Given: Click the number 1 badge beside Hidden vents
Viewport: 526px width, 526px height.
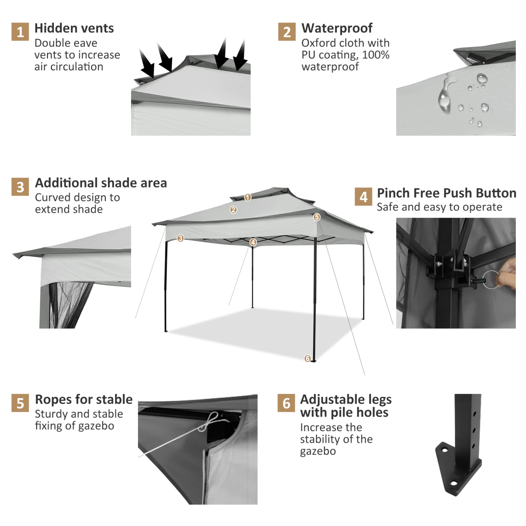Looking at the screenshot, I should click(20, 32).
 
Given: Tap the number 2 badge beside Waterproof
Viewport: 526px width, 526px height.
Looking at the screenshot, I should click(287, 32).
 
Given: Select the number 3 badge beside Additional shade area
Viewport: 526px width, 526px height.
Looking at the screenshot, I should click(20, 187).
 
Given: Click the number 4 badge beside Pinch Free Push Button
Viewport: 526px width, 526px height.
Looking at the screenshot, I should click(363, 197).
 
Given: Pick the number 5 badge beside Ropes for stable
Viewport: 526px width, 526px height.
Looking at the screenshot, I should click(20, 403).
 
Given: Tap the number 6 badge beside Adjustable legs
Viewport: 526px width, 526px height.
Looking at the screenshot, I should click(286, 403).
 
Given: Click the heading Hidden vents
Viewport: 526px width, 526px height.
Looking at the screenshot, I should click(74, 28).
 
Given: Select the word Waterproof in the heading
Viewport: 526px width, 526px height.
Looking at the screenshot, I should click(337, 28).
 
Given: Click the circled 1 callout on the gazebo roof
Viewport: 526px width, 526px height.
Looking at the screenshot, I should click(248, 197).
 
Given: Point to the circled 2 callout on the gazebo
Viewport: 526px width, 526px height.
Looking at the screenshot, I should click(233, 210).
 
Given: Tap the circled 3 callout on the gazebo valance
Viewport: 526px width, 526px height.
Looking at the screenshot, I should click(180, 238).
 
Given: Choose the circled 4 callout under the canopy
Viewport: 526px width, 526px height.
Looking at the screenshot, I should click(253, 242).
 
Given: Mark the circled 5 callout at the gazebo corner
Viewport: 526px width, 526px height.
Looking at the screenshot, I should click(317, 217).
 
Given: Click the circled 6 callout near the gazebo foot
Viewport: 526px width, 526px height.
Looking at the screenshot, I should click(308, 359).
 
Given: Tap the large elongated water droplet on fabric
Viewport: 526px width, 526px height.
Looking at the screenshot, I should click(445, 95).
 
